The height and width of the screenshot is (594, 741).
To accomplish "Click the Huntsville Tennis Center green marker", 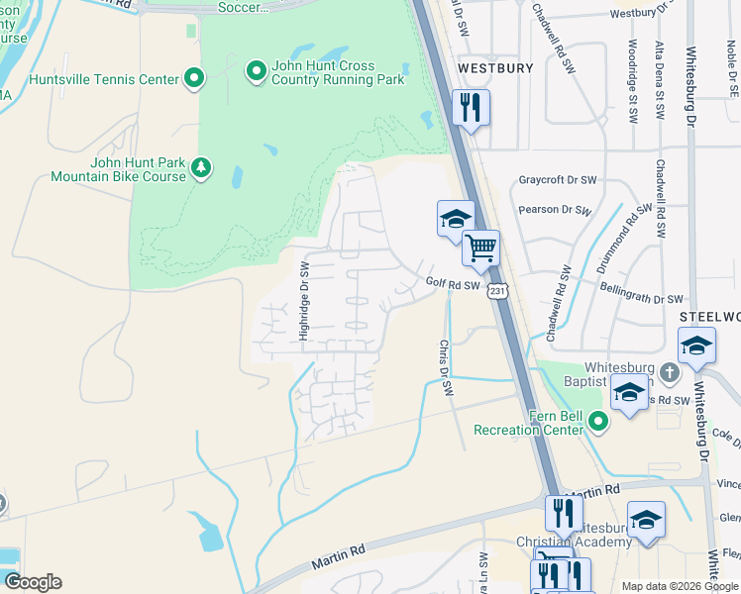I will coord(194,78).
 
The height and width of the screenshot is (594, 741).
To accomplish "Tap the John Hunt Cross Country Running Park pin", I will coord(256,70).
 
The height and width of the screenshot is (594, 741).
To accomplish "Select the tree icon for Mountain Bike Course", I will coord(201,167).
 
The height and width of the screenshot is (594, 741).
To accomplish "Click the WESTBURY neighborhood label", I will coord(495,68).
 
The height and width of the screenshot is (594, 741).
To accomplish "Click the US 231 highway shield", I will coord(497,289).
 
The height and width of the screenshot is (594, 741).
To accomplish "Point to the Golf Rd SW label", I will coord(453,283).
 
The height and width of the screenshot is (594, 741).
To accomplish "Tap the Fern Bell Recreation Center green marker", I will coord(597,421).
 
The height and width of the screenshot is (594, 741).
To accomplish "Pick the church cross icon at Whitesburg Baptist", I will coord(669,373).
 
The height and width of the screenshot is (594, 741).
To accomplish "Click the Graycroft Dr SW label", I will coord(558,180).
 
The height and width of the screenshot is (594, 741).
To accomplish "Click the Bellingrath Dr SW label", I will coord(641,298).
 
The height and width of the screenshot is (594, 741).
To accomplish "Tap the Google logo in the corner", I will coord(33,581).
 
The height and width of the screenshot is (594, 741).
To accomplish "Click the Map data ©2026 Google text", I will coord(680,586).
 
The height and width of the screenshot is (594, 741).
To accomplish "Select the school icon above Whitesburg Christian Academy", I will coord(646,520).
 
